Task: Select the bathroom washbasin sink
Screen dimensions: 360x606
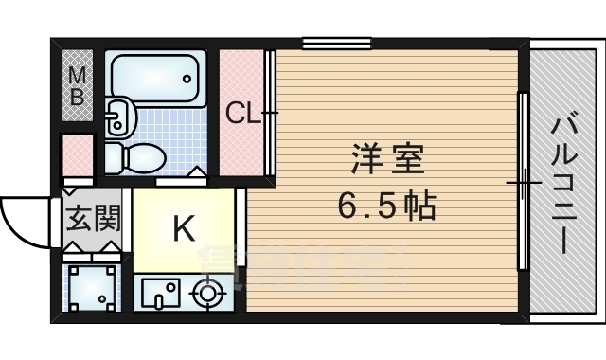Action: point(117,117)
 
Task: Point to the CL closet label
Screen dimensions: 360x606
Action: point(242,115)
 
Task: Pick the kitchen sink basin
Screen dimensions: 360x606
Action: point(157,294)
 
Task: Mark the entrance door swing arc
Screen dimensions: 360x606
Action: point(24,220)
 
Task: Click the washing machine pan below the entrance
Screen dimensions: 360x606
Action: point(93,288)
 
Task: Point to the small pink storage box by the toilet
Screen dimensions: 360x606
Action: point(78,155)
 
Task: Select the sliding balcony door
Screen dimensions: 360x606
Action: point(522,180)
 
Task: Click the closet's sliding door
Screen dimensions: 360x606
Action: point(272,114)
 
